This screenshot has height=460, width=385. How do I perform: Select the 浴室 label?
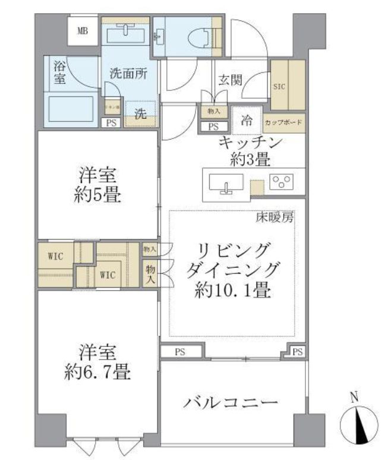[59, 71]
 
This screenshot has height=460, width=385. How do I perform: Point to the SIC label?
[279, 86]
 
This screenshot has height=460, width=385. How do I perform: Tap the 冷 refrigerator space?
[247, 119]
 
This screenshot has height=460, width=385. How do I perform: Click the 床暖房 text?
[274, 218]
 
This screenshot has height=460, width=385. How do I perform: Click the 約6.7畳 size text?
[99, 372]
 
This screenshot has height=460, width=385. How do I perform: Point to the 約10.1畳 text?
[233, 291]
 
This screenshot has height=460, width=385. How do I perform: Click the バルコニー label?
[231, 403]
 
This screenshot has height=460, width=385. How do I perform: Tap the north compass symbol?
[358, 426]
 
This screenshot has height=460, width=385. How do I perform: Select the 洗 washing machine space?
[140, 115]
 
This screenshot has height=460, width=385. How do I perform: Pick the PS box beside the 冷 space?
[213, 126]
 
